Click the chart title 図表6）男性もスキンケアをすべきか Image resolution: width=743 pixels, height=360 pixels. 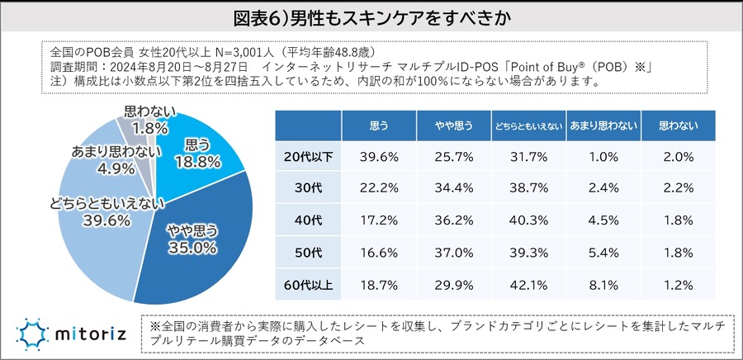(371, 17)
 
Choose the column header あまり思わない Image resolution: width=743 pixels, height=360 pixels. (603, 126)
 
